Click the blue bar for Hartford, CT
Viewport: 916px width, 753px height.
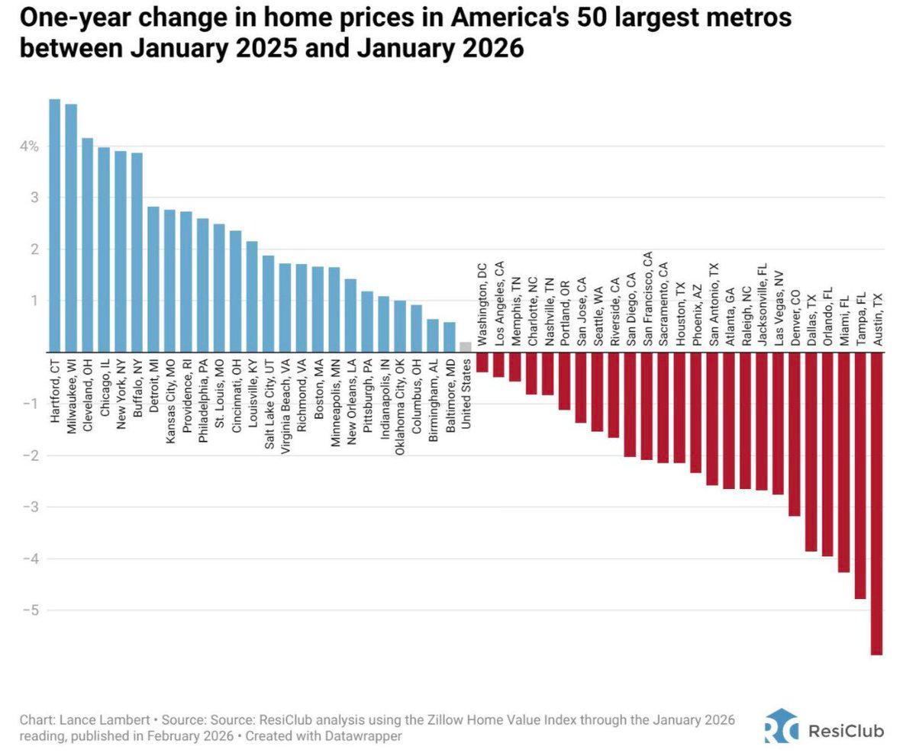[54, 225]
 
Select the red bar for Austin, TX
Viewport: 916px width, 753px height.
[876, 504]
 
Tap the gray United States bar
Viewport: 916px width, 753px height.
[465, 347]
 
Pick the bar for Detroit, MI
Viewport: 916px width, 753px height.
[153, 279]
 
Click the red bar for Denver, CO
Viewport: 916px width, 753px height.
[795, 434]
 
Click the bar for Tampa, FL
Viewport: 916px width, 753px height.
[860, 475]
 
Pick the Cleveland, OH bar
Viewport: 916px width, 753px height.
[87, 245]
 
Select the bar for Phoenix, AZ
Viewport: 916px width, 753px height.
[695, 412]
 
